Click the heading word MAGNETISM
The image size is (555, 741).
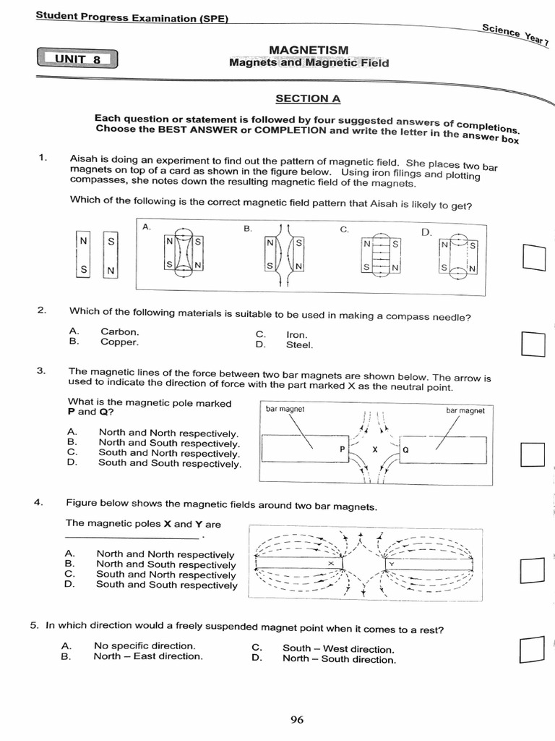(x=309, y=49)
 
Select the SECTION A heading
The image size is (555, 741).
(x=307, y=98)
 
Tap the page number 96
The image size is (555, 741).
(x=297, y=719)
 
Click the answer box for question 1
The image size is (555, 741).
(x=533, y=258)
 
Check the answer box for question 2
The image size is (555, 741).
(x=532, y=344)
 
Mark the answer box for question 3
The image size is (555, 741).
(x=532, y=454)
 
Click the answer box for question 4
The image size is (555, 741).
(x=532, y=571)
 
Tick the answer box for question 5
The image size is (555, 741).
(x=531, y=649)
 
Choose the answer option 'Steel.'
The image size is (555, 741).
(x=300, y=345)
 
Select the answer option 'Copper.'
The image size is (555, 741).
(x=119, y=342)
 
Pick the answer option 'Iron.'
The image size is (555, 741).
(x=297, y=335)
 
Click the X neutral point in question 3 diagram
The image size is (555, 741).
(x=374, y=449)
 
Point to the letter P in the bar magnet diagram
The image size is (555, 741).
(x=343, y=449)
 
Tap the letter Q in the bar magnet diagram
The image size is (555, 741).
(x=405, y=449)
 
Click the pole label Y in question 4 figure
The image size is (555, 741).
(x=391, y=563)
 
